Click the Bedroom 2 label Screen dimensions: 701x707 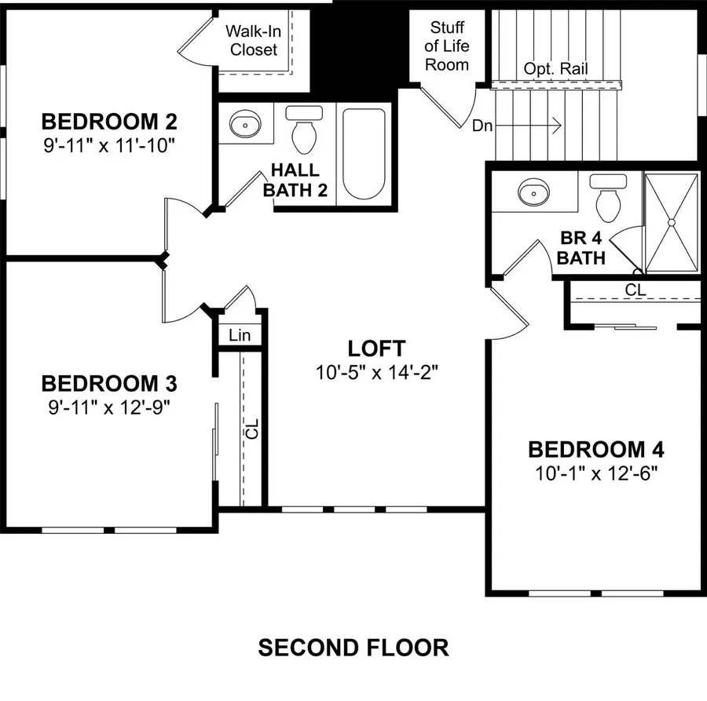tap(108, 122)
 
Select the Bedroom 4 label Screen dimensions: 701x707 tap(595, 450)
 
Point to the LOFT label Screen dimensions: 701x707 tap(377, 349)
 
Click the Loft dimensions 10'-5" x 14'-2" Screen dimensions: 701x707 tap(377, 371)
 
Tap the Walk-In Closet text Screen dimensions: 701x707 tap(253, 40)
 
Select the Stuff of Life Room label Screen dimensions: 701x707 tap(447, 47)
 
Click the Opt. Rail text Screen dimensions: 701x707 tap(555, 69)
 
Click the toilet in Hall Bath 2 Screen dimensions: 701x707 tap(304, 130)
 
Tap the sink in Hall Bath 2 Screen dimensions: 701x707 tap(245, 124)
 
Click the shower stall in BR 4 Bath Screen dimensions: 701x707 tap(672, 221)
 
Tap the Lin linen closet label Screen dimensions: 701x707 tap(240, 335)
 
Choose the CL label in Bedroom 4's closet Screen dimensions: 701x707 tap(635, 290)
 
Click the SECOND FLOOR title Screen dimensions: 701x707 tap(353, 648)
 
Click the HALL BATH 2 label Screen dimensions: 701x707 tap(295, 180)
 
